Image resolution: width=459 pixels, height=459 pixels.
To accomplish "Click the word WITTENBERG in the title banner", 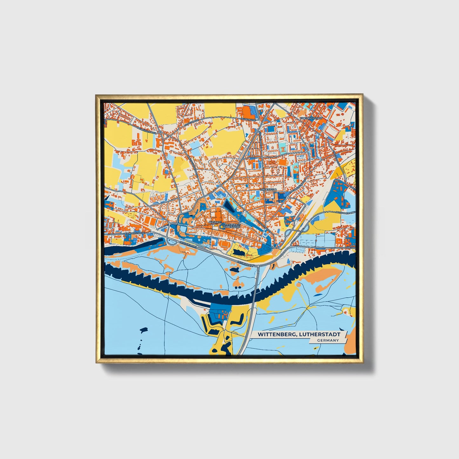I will coord(275,334).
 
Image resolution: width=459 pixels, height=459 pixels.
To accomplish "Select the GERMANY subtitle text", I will coord(327,341).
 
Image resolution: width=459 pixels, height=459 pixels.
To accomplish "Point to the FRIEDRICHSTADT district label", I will coord(311,118).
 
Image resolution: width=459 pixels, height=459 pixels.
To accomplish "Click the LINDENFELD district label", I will coord(269,189).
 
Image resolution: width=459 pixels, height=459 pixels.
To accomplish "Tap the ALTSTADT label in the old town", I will coord(214,222).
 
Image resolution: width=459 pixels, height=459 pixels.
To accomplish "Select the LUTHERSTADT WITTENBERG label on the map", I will coord(231,226).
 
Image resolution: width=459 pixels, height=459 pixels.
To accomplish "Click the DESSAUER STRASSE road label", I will coord(134,233).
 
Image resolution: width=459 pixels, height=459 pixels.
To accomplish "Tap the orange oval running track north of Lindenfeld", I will coord(281,162).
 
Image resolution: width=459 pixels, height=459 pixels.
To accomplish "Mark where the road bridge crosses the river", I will coord(255,291).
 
